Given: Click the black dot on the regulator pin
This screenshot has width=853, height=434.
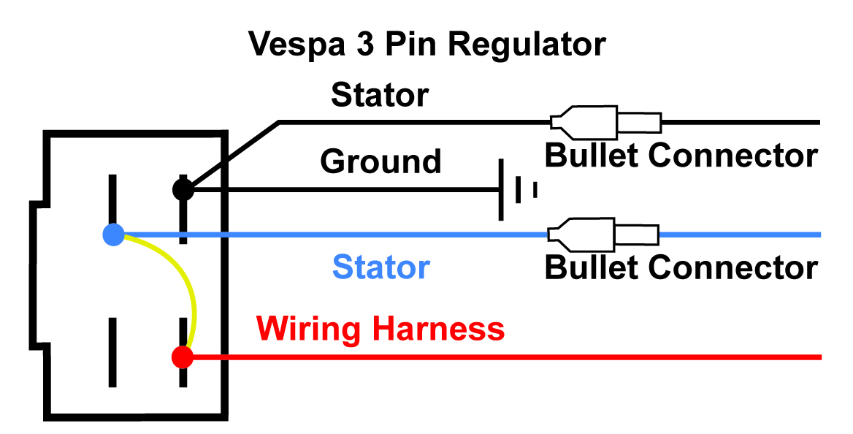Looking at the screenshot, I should [x=183, y=190].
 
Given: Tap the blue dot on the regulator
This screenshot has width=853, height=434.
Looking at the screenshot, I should [x=113, y=235].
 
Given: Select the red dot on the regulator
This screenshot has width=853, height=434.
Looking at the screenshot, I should [x=182, y=357].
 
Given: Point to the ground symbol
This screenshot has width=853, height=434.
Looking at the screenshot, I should [x=516, y=190].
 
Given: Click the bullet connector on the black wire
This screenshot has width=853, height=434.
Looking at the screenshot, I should [x=606, y=121].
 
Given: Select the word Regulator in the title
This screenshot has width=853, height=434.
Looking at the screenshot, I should [x=527, y=44].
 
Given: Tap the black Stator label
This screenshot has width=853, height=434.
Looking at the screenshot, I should [x=380, y=95].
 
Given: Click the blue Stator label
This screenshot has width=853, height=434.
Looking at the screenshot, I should [x=381, y=267].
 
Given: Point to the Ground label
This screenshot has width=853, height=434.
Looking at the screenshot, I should [x=381, y=161].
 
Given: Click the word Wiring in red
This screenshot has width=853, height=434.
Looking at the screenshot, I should [x=310, y=330].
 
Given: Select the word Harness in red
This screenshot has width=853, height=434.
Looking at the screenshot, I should [x=437, y=330].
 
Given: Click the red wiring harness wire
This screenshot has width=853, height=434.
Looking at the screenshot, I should [x=511, y=357].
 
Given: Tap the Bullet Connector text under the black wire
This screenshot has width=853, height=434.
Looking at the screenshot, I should [x=681, y=155].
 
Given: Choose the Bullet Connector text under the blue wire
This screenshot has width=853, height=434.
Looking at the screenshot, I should [x=681, y=267].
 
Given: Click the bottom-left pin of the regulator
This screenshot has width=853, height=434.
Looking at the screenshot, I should [x=112, y=351].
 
